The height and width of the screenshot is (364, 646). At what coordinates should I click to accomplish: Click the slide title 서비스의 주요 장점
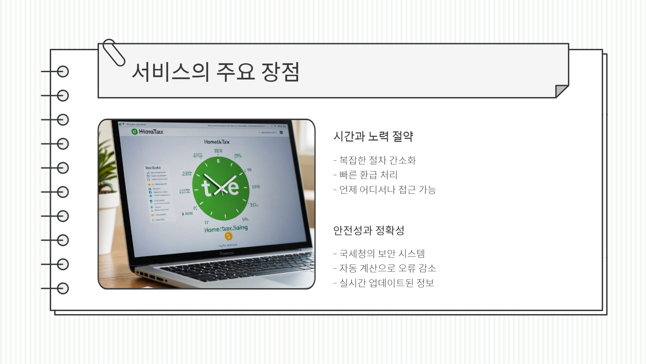pyautogui.click(x=215, y=72)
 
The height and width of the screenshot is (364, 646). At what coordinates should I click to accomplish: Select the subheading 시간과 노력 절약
pyautogui.click(x=373, y=136)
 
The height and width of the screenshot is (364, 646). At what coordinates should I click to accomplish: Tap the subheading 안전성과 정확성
pyautogui.click(x=368, y=230)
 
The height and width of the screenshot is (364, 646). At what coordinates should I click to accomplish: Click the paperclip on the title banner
pyautogui.click(x=114, y=52)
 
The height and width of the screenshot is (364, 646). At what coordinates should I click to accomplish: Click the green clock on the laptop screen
pyautogui.click(x=221, y=188)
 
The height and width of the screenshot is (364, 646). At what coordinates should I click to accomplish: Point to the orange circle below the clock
pyautogui.click(x=228, y=236)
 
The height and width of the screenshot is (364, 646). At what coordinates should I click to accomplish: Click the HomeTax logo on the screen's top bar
pyautogui.click(x=147, y=131)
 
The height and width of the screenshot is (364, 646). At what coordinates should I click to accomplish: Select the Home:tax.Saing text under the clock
pyautogui.click(x=226, y=229)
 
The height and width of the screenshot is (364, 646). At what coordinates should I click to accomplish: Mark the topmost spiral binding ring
pyautogui.click(x=63, y=71)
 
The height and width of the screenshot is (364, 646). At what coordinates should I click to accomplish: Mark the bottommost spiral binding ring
pyautogui.click(x=63, y=289)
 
